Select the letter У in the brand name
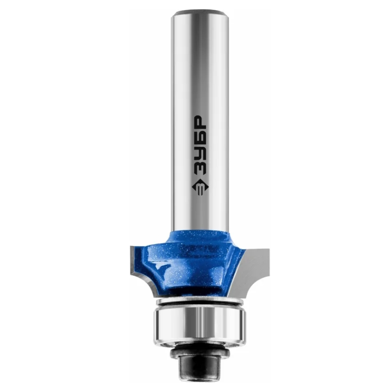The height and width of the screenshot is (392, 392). [x=200, y=153]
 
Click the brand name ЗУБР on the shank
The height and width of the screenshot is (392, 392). [x=200, y=146]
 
